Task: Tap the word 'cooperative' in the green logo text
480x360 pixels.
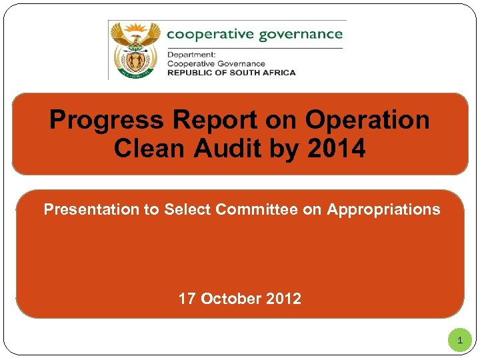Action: [206, 33]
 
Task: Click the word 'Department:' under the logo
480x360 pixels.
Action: [190, 55]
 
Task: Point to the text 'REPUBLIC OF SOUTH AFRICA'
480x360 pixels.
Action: [231, 72]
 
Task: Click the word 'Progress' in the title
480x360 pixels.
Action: [106, 120]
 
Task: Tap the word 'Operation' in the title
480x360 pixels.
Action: [367, 120]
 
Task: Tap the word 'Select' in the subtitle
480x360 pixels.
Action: [187, 209]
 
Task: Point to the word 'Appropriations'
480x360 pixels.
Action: [383, 209]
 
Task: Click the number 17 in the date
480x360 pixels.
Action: [187, 299]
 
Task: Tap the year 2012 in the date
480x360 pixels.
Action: [283, 299]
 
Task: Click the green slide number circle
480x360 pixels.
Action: [459, 341]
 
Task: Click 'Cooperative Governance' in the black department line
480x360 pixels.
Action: [216, 63]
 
